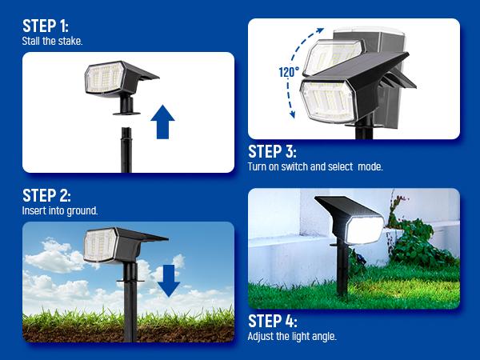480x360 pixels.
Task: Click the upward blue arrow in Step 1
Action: coord(162,122)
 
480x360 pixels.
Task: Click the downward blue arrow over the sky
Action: coord(169,279)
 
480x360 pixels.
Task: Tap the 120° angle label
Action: coord(288,73)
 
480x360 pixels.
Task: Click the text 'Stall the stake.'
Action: coord(51,40)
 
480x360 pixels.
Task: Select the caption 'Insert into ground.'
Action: coord(60,211)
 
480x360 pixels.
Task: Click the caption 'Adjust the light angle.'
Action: coord(292,337)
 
